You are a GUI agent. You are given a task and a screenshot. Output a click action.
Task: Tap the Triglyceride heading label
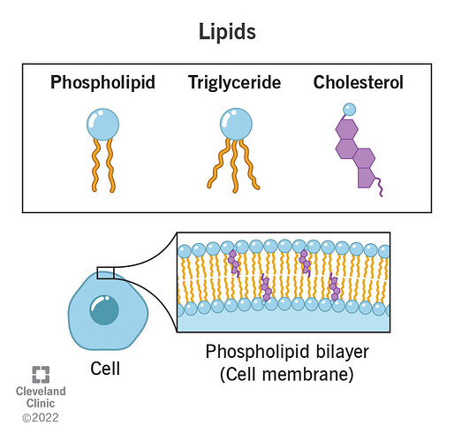[x=233, y=84]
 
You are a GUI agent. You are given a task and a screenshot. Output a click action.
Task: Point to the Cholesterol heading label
[x=358, y=84]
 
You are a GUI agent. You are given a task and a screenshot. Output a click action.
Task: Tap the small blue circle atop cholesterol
[x=350, y=109]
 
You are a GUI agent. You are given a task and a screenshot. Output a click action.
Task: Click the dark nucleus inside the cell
[x=104, y=309]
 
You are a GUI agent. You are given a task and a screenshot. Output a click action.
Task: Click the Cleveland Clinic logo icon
[x=41, y=373]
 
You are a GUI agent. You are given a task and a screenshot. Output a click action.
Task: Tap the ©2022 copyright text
[x=41, y=415]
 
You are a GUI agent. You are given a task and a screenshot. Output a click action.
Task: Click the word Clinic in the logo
[x=41, y=401]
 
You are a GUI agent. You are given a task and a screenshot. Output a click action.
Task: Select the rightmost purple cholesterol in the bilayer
[x=335, y=286]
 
